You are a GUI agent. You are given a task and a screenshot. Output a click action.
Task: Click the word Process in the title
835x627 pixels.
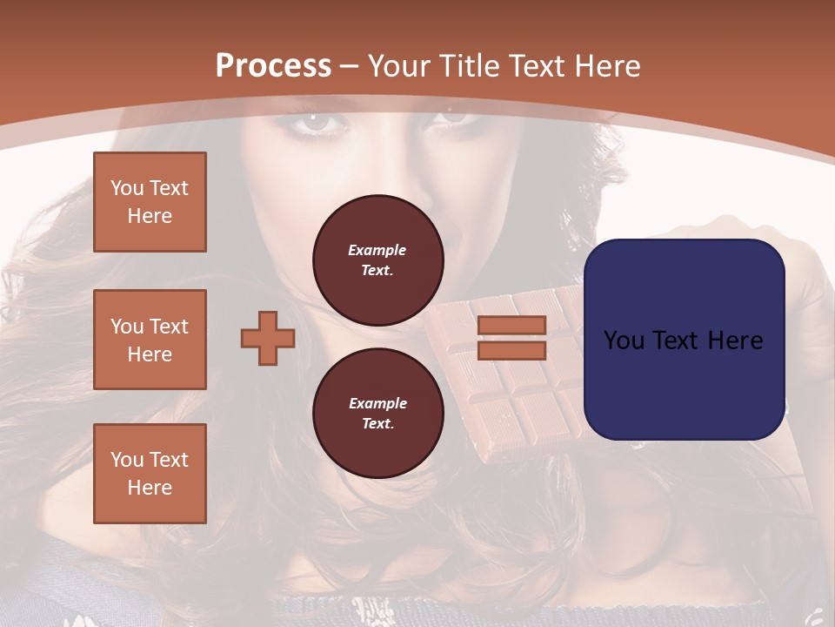coord(273,66)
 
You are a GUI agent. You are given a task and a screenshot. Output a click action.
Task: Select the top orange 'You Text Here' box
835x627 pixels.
coord(150,202)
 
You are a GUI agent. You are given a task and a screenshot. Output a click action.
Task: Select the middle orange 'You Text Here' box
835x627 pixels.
coord(150,340)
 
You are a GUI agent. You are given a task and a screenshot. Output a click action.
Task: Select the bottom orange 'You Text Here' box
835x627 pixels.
coord(150,474)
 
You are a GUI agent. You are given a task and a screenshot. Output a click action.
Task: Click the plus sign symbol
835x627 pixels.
coord(267,339)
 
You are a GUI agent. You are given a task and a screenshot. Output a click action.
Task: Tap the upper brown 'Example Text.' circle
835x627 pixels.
coord(377,260)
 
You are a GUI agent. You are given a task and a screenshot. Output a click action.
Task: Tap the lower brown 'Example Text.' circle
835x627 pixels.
coord(377,414)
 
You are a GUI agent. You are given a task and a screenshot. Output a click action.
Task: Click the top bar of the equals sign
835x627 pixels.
coord(511,326)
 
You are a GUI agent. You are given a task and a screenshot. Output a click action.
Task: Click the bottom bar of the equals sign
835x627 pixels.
coord(511,351)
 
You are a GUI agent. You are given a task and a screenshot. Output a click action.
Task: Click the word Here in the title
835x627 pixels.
coord(609,66)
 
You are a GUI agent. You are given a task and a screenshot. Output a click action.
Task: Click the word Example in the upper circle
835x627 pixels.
coord(377,250)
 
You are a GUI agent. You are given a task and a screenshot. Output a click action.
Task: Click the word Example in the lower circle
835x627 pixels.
coord(377,403)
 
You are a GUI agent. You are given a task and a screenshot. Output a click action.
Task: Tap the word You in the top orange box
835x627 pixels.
coord(127,188)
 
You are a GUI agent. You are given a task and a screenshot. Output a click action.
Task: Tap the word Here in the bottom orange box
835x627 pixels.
coord(150,488)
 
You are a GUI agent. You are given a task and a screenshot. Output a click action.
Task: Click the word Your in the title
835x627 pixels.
coord(400,66)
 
